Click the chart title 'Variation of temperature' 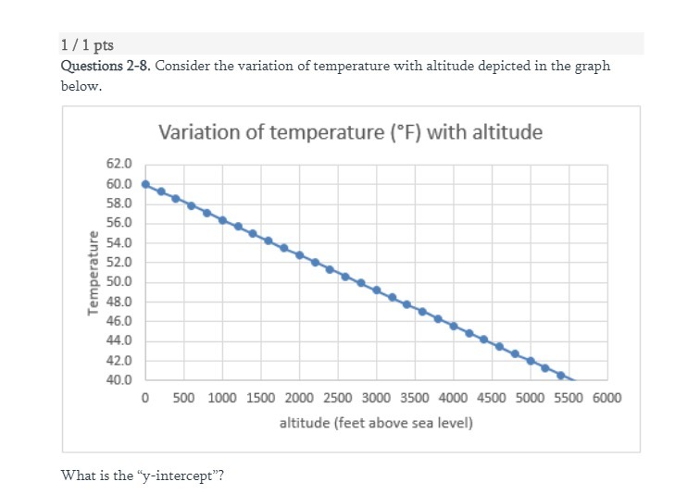(350, 131)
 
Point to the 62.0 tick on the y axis (120, 164)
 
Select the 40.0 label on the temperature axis (120, 380)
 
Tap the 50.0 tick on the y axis (120, 282)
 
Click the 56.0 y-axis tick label (120, 223)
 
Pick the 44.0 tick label (120, 341)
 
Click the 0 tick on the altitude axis (145, 399)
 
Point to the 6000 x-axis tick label (607, 399)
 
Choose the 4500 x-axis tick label (492, 399)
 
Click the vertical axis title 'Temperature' (93, 272)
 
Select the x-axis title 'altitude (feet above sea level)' (376, 423)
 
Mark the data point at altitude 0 (145, 183)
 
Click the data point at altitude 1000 (222, 219)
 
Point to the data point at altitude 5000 (531, 361)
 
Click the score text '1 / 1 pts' (87, 45)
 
